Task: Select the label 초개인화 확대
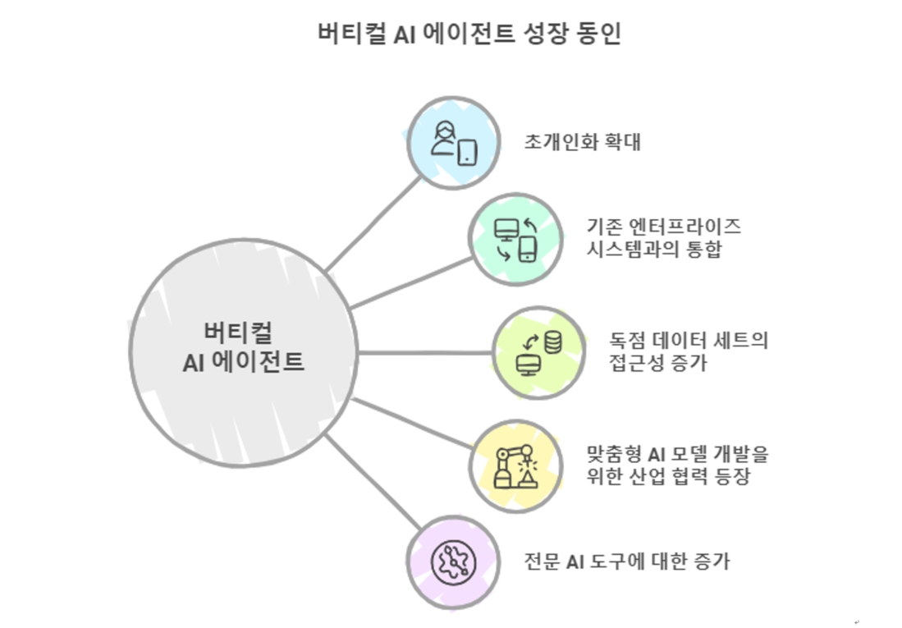pyautogui.click(x=582, y=142)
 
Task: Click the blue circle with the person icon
pyautogui.click(x=453, y=142)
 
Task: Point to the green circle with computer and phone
pyautogui.click(x=516, y=241)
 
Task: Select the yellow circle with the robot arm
pyautogui.click(x=515, y=465)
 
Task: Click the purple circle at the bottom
pyautogui.click(x=453, y=562)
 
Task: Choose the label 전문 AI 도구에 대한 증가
pyautogui.click(x=627, y=562)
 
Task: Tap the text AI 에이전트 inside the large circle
pyautogui.click(x=244, y=362)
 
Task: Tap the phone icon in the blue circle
pyautogui.click(x=466, y=152)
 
